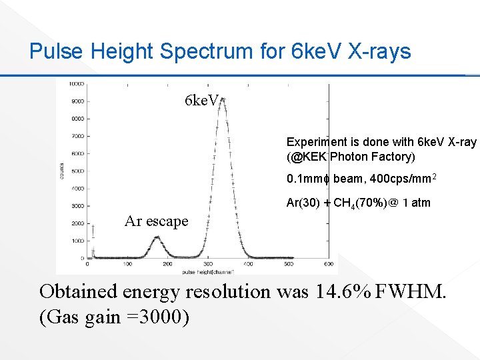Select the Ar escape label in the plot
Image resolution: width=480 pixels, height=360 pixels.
pos(156,221)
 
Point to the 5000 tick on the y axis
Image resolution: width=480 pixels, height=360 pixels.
pos(77,171)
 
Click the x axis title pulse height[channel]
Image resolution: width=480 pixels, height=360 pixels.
pos(207,272)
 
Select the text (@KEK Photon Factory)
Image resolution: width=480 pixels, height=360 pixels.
pos(351,157)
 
